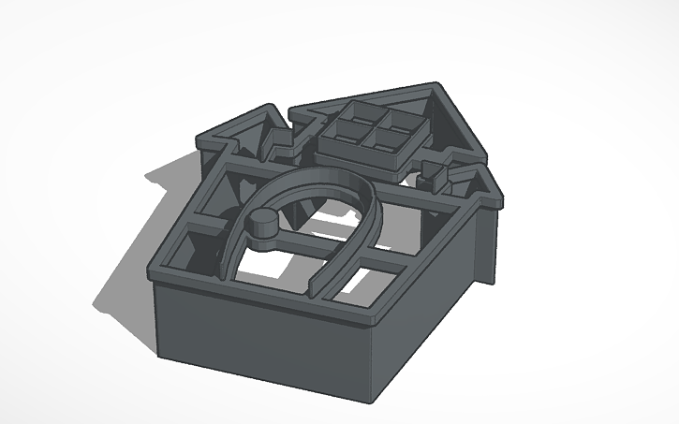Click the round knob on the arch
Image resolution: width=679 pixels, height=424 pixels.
tap(262, 221)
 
